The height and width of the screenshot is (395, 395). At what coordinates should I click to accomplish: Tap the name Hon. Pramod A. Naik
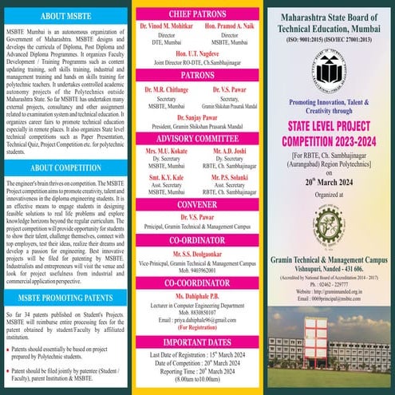[232, 28]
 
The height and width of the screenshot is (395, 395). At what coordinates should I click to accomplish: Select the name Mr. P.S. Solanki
[232, 179]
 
